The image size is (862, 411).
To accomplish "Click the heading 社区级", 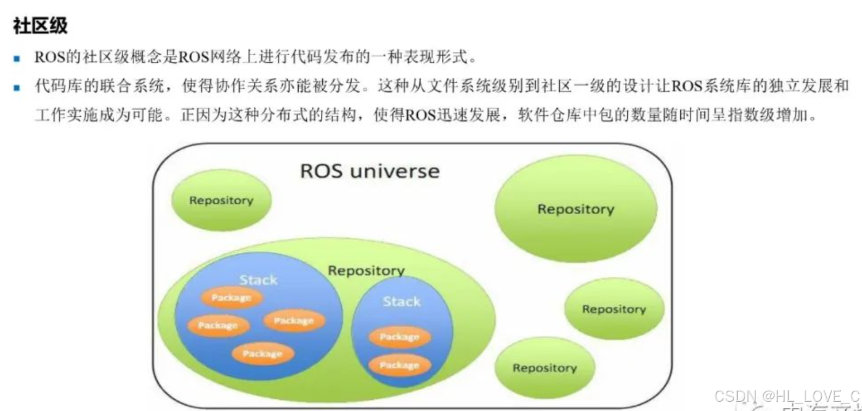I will point(40,26).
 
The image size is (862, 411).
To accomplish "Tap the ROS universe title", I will point(369,171).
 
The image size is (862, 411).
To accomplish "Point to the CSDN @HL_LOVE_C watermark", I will point(786,396).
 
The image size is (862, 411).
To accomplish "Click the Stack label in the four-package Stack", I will point(258,280).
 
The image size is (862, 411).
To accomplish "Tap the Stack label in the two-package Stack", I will point(402,302).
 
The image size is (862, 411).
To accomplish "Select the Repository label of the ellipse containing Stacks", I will point(366,271).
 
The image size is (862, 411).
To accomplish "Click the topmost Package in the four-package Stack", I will point(231,298).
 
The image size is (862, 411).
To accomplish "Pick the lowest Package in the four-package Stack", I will point(262,353).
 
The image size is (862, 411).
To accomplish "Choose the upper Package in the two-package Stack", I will point(399,337).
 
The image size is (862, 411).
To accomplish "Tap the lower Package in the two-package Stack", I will point(399,365).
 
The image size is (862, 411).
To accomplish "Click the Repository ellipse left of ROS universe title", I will point(222,201).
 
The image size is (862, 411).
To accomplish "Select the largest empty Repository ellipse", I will point(575,210).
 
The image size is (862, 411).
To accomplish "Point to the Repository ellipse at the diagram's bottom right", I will point(544,368).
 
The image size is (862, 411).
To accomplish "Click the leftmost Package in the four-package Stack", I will point(218,325).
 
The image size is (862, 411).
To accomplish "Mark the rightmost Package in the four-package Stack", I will point(294,321).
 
